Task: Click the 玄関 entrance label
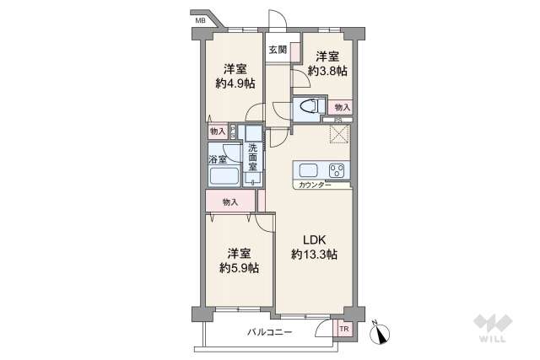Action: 278,50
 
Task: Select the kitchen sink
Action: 306,169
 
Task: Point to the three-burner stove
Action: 337,169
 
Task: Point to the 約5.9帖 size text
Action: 238,268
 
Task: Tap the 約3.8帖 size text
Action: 327,72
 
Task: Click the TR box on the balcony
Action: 344,328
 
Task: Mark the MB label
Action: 200,19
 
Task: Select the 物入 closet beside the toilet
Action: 341,107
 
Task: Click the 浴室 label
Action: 217,159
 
